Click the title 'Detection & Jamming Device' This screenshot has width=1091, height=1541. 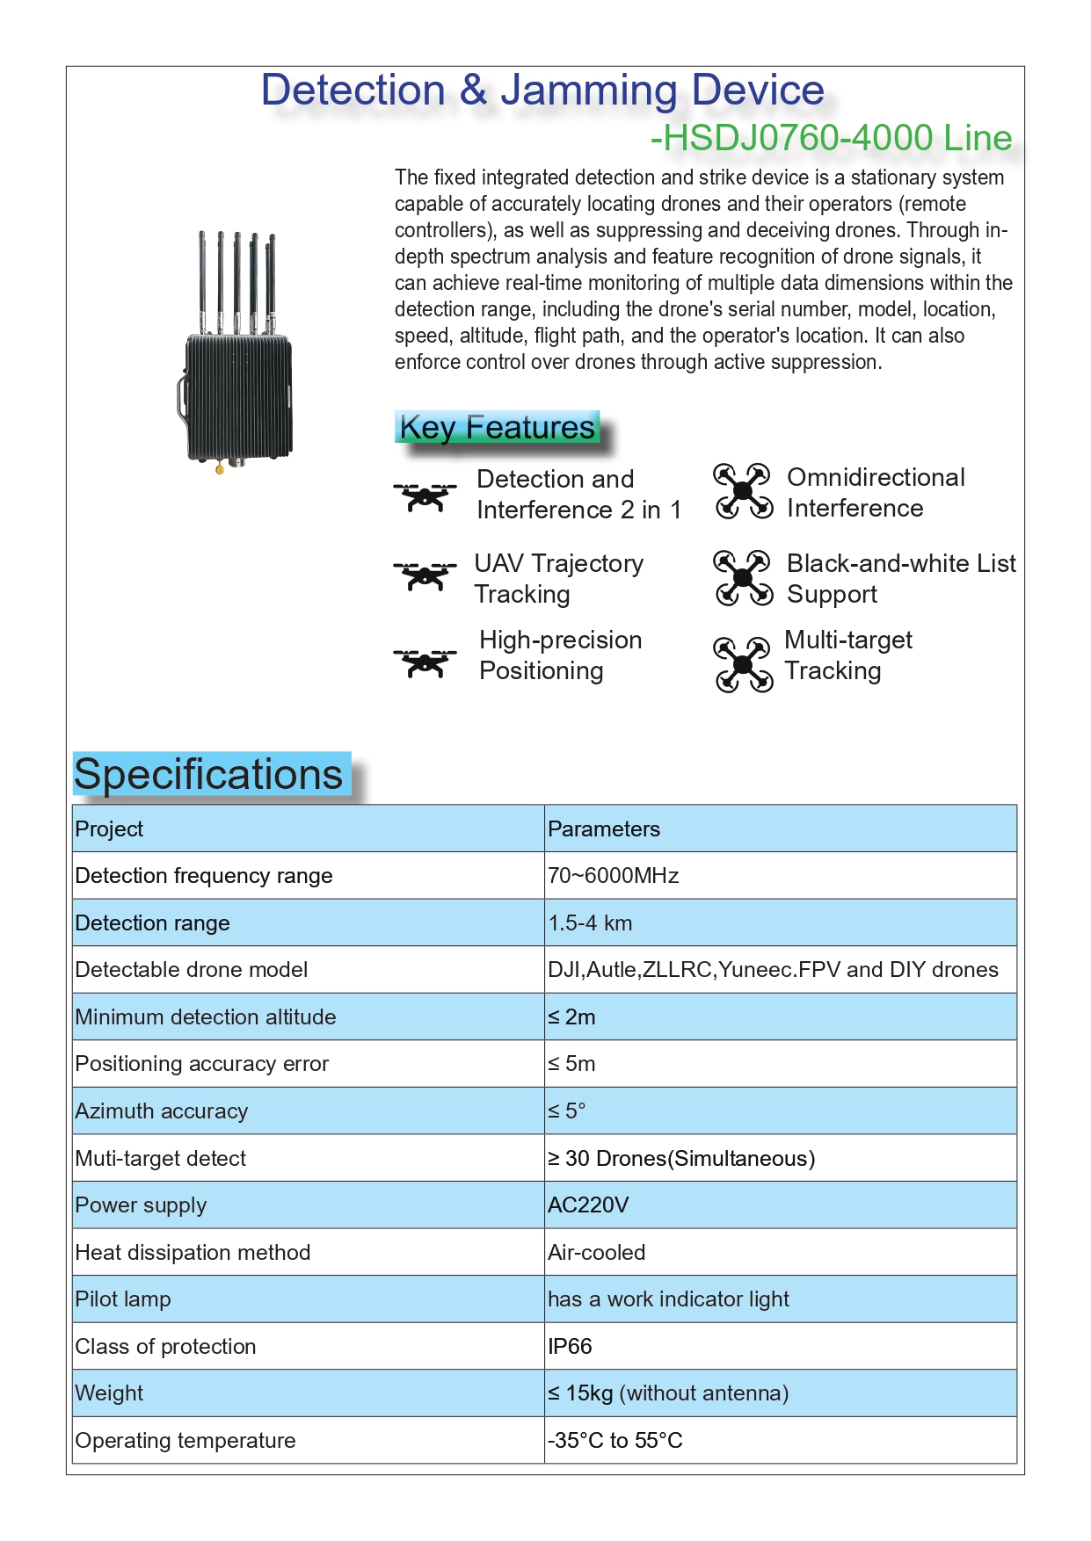542,90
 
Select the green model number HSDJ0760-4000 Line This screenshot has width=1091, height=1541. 832,138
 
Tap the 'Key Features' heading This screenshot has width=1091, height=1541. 498,428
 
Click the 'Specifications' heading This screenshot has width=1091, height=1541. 209,775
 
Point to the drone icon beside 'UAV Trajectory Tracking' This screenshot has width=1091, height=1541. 425,576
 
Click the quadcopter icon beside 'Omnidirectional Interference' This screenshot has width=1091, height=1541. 743,491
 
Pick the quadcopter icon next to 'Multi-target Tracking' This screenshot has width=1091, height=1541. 743,664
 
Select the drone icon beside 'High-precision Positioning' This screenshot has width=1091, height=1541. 425,662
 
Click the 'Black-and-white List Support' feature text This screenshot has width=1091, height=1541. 900,578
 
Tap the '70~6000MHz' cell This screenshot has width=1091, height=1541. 614,876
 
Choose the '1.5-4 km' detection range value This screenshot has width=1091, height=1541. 590,923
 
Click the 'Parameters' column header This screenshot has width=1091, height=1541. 604,829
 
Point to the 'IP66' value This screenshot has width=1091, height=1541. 570,1347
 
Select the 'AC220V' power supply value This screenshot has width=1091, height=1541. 588,1205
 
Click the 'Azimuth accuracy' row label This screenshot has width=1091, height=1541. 162,1111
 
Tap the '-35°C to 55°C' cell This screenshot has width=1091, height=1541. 615,1441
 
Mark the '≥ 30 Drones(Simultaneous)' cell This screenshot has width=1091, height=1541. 681,1159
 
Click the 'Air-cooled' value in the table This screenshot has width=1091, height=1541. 597,1253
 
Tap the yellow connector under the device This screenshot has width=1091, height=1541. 220,470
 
